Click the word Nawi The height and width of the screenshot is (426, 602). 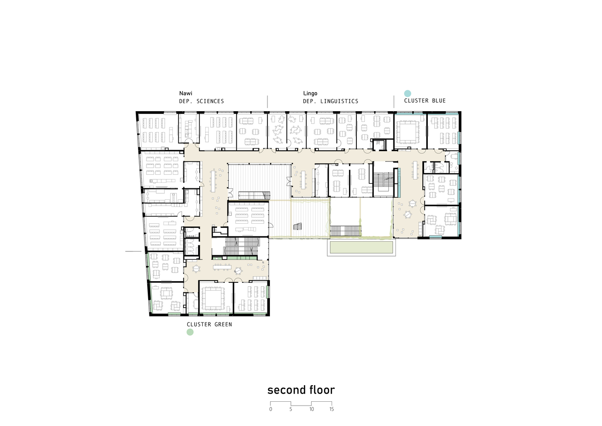click(x=186, y=93)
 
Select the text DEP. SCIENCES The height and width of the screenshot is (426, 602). click(x=201, y=101)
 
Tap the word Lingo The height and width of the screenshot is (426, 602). click(x=310, y=93)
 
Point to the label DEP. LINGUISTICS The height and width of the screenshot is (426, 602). click(x=330, y=101)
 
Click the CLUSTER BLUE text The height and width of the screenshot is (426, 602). click(x=425, y=101)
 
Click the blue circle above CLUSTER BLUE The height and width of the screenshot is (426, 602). click(x=408, y=93)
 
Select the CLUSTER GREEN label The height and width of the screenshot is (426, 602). click(x=209, y=324)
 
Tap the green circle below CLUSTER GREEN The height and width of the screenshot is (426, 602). click(x=190, y=332)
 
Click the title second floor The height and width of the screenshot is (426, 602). click(x=301, y=390)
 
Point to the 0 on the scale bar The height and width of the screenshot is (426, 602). click(x=271, y=409)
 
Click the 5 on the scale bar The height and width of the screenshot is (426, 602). click(x=291, y=409)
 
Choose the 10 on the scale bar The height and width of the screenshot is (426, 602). click(x=312, y=409)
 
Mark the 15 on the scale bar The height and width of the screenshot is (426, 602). click(x=332, y=409)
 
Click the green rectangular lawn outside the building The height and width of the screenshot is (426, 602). click(x=361, y=247)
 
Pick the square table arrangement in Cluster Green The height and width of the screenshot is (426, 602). click(x=213, y=298)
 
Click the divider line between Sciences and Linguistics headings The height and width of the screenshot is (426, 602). click(x=267, y=102)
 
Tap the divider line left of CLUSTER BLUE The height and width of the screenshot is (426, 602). click(x=394, y=102)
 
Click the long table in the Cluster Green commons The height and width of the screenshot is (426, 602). click(x=222, y=267)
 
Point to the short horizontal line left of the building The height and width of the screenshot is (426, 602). click(x=133, y=251)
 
